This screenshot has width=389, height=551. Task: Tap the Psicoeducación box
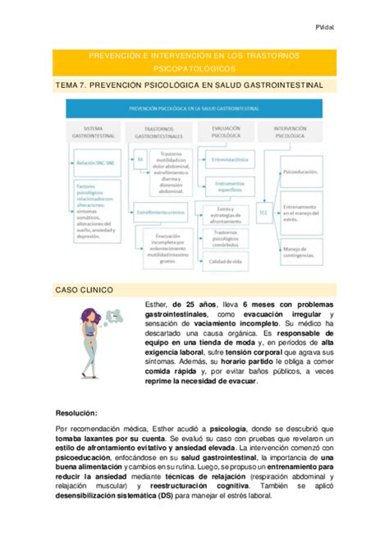(300, 172)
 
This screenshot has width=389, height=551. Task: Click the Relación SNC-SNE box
(86, 164)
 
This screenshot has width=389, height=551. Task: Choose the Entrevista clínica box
(229, 158)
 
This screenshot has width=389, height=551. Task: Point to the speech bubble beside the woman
(123, 313)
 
